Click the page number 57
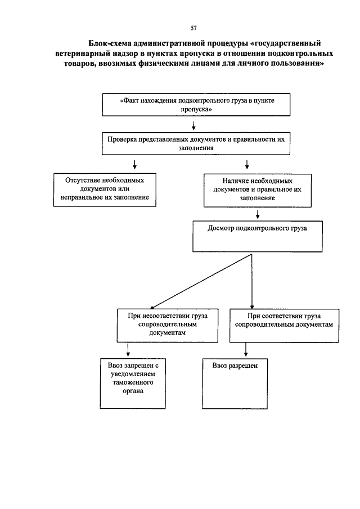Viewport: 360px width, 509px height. (x=193, y=28)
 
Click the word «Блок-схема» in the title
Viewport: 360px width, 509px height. (x=109, y=43)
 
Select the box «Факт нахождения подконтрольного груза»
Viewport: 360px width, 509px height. (x=196, y=105)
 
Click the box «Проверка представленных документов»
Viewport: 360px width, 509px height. (x=196, y=143)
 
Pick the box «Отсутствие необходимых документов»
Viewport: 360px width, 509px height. (x=105, y=190)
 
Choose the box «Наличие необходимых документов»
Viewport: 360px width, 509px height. (x=258, y=191)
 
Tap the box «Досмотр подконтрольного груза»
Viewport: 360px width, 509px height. (x=258, y=236)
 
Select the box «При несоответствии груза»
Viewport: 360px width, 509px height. (x=168, y=325)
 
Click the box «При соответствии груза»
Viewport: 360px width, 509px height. (x=284, y=326)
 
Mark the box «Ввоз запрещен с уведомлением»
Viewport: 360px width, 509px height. (x=133, y=384)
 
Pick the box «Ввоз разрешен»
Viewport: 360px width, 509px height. (x=235, y=384)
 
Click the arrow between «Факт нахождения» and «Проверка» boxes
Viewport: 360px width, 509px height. (x=194, y=125)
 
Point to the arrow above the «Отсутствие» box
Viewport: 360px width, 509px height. (x=134, y=164)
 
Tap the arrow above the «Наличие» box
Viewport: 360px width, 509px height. (x=247, y=164)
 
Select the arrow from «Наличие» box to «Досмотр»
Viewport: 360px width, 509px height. (x=258, y=214)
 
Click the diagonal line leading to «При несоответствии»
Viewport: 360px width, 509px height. (x=201, y=281)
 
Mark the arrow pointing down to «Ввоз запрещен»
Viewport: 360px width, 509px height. (x=128, y=350)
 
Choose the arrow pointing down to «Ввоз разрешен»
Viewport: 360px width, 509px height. (x=246, y=350)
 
